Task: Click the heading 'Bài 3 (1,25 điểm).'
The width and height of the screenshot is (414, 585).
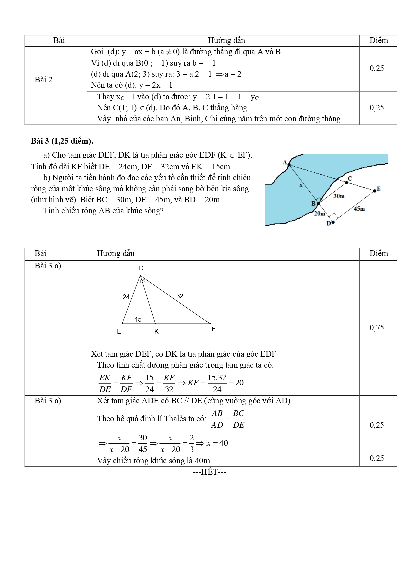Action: point(62,141)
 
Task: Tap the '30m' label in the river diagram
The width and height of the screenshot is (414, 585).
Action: point(339,196)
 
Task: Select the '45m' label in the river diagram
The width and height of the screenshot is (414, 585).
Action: point(359,209)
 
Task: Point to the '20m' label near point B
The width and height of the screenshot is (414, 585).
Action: point(319,213)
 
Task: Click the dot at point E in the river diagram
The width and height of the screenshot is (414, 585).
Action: point(375,190)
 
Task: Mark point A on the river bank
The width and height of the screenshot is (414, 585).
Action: point(289,165)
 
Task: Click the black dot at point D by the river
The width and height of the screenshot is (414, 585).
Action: point(333,222)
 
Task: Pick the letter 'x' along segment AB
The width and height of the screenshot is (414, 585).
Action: point(301,185)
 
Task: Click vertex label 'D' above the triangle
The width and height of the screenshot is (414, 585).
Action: point(141,268)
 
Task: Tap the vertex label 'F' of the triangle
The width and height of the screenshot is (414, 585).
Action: point(213,329)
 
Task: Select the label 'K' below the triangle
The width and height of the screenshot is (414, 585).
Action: point(156,332)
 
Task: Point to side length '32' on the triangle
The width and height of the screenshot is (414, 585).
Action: point(180,296)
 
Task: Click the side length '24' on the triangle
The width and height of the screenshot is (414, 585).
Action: point(126,297)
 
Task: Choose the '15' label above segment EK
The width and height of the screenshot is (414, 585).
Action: point(138,320)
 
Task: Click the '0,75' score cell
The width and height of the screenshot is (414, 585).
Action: point(377,328)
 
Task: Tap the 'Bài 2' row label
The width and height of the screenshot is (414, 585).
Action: point(43,80)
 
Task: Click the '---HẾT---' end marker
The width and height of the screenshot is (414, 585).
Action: point(210,472)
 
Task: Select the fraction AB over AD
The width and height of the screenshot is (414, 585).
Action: point(217,419)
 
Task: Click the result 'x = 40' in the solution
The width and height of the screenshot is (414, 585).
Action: point(217,443)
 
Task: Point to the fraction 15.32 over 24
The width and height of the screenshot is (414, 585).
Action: point(217,383)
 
